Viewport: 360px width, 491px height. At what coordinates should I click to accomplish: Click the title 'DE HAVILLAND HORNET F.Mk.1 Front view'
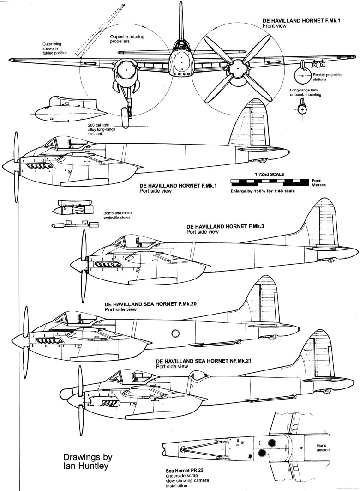coord(295,24)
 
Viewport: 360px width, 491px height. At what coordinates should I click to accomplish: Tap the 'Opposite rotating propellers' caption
coord(126,38)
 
